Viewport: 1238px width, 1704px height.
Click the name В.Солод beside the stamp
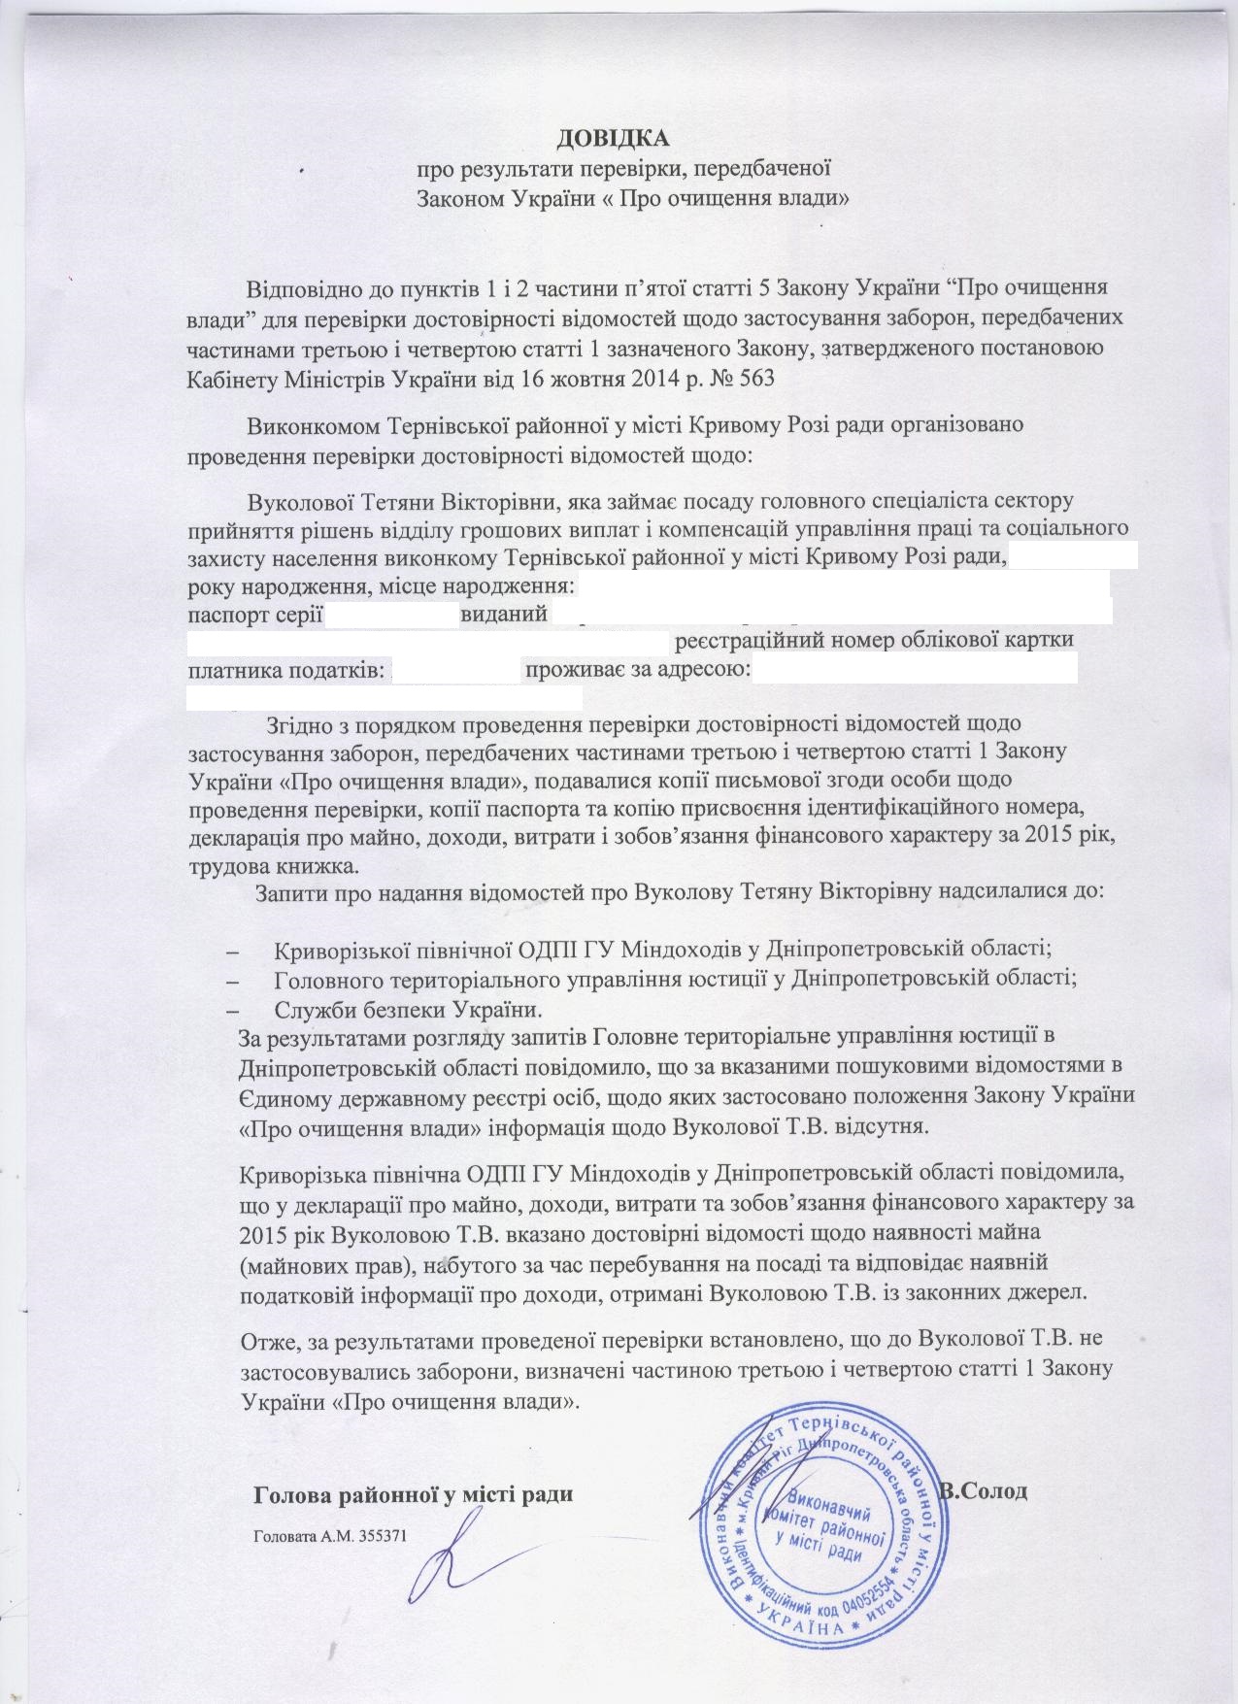pos(984,1489)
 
